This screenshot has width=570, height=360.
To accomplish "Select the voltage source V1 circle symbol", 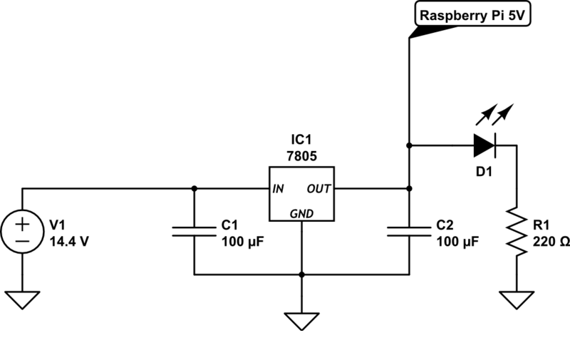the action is click(x=22, y=231).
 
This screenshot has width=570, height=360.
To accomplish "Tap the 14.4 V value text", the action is click(x=69, y=241).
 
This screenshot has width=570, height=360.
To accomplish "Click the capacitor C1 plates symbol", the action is click(x=194, y=232).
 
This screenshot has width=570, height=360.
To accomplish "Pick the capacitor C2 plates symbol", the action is click(x=409, y=232).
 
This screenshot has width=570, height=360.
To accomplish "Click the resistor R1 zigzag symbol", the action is click(x=517, y=231).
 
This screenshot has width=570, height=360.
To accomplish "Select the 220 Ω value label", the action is click(x=551, y=241).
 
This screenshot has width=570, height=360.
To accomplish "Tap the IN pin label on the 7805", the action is click(x=278, y=189).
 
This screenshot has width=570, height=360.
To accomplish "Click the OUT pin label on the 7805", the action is click(x=318, y=189).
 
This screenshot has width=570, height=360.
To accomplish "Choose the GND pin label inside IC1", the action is click(x=301, y=213).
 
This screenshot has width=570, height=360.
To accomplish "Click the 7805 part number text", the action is click(x=301, y=156).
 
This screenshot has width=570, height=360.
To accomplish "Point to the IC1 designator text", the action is click(x=301, y=140).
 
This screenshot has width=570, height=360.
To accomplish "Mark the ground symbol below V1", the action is click(x=22, y=299).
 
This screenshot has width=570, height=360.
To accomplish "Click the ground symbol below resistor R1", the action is click(x=517, y=299).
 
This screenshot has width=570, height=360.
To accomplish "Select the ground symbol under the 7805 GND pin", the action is click(x=301, y=321).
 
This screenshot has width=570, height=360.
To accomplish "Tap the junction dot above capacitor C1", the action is click(x=194, y=188).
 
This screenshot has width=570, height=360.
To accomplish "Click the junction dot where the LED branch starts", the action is click(x=409, y=145).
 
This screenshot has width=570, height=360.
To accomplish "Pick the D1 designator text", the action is click(x=484, y=172).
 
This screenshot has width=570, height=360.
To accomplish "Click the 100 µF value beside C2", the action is click(x=457, y=241).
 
